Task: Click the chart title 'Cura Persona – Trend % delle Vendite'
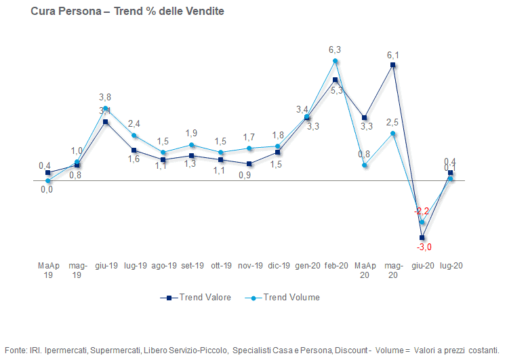127,12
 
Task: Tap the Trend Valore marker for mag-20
393,65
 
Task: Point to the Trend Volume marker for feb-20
336,61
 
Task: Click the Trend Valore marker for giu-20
422,237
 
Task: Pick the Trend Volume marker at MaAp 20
365,165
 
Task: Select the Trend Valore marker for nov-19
249,163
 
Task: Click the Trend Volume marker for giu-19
106,108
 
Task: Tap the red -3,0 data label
424,247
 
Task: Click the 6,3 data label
335,49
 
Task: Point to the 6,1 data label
392,55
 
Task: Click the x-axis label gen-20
307,266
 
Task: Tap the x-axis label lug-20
451,266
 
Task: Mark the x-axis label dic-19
279,266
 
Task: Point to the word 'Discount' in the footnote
350,349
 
